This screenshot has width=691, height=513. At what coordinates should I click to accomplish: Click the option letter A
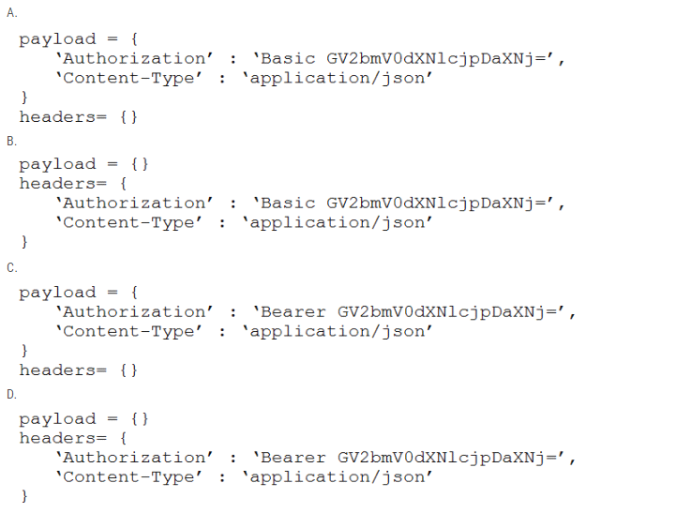[12, 13]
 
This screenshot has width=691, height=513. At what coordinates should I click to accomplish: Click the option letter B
[12, 141]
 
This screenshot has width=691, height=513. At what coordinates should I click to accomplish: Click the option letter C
[12, 268]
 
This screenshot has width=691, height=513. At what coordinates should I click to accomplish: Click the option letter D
[12, 394]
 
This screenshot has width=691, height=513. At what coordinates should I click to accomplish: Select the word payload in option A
[57, 40]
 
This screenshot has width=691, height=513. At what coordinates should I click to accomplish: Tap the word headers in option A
[57, 117]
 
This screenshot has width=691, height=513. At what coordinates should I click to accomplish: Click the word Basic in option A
[288, 59]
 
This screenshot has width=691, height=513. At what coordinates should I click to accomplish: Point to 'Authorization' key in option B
[134, 204]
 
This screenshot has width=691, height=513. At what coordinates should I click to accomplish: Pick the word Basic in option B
[288, 204]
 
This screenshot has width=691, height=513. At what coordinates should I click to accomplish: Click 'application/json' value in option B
[338, 223]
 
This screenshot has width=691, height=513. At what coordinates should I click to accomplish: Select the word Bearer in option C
[293, 312]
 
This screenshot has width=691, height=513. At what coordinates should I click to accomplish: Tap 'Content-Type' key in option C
[128, 332]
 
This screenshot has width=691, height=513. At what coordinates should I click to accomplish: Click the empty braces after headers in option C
[128, 370]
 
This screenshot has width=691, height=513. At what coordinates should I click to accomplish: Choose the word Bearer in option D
[293, 458]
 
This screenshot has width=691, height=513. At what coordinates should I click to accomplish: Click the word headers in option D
[57, 438]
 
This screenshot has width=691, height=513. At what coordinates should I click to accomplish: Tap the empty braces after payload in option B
[140, 164]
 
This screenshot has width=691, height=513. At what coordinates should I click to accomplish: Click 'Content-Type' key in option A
[128, 79]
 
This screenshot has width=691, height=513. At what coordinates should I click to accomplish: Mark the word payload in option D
[57, 419]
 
